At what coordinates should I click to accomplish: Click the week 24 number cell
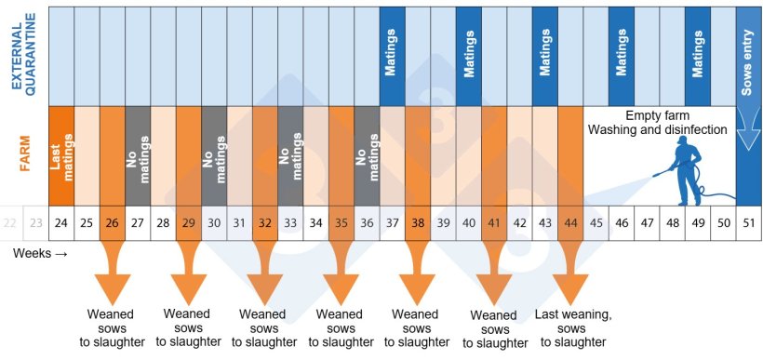(x=61, y=223)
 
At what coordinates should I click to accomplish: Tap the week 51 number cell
(x=748, y=223)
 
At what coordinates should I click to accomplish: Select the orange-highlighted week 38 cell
(x=418, y=223)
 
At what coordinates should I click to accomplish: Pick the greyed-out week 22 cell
(x=11, y=223)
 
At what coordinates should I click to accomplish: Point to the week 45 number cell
(x=596, y=223)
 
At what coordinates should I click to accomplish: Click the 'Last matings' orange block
(x=61, y=154)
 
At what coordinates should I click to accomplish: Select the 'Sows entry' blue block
(x=748, y=56)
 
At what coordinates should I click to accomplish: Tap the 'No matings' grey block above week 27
(x=138, y=154)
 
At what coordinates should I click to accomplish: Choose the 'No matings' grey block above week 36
(x=367, y=154)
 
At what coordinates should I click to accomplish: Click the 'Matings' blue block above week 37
(x=392, y=56)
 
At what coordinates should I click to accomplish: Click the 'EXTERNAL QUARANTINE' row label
(x=23, y=56)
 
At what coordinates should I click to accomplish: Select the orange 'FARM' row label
(x=24, y=154)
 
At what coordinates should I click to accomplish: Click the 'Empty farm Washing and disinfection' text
(x=657, y=122)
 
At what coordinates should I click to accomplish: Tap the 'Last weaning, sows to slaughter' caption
(x=573, y=328)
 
